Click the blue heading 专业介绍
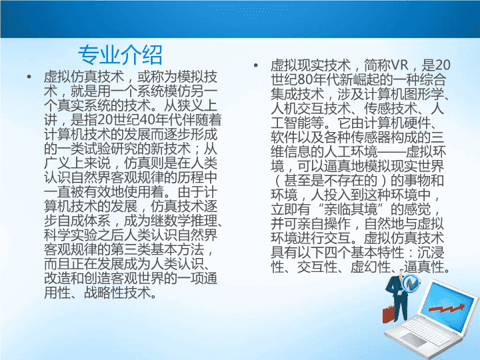pos(120,55)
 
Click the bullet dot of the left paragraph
pos(29,76)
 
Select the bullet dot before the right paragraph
pos(255,65)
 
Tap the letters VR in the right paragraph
pos(399,65)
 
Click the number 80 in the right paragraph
pos(305,79)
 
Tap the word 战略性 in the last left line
pos(104,293)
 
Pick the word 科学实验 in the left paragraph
pos(71,235)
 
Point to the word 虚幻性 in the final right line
pos(371,267)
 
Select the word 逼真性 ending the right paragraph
pos(424,267)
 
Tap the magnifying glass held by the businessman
pos(411,283)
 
